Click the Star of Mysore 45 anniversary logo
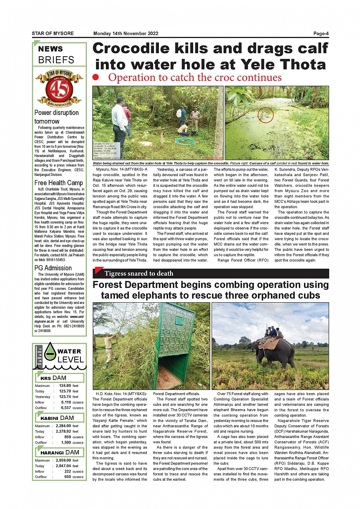59,88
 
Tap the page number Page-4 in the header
321,34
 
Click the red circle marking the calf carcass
266,115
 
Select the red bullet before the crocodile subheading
96,77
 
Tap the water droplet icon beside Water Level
50,351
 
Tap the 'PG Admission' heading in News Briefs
53,268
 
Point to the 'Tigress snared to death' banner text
139,273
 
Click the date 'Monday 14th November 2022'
126,34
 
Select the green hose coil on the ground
184,142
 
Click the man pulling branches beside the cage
110,346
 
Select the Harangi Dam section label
60,452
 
